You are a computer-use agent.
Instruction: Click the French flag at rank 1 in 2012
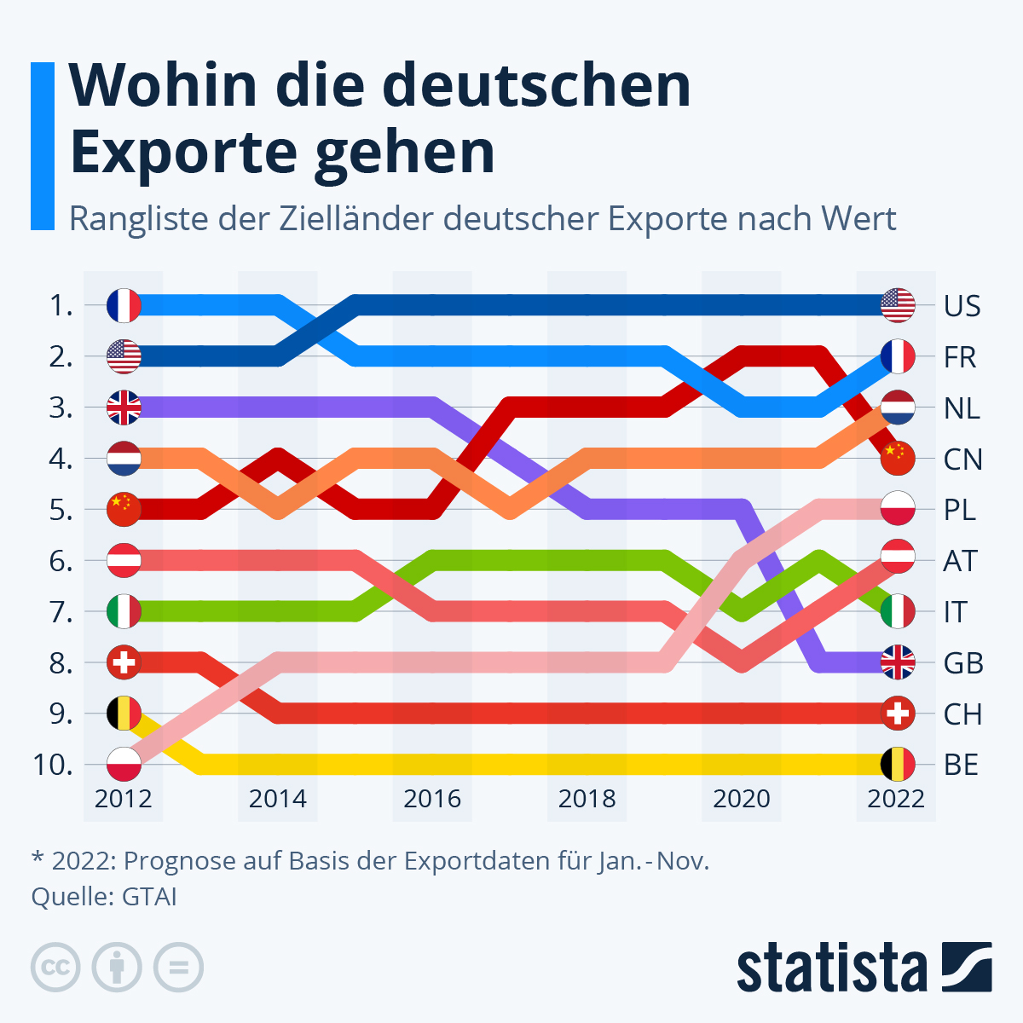click(x=124, y=305)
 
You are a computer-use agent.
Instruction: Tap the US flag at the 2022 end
click(x=898, y=305)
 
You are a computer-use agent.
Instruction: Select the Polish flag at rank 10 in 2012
click(x=124, y=764)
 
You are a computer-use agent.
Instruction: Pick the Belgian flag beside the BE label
click(x=898, y=764)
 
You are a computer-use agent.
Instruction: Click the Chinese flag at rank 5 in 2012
click(x=124, y=510)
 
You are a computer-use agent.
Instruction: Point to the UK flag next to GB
click(x=898, y=662)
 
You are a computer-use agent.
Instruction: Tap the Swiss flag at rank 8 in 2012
click(x=124, y=662)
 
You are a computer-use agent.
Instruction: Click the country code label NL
click(x=962, y=408)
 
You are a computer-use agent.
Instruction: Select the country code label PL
click(x=960, y=511)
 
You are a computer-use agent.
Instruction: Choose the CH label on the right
click(x=962, y=714)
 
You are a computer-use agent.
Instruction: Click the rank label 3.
click(x=61, y=408)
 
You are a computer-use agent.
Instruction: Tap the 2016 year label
click(x=432, y=799)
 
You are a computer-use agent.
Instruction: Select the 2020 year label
click(x=741, y=799)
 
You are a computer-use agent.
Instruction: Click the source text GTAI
click(x=149, y=897)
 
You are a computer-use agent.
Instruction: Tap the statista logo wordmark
click(x=831, y=968)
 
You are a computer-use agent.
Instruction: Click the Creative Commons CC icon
click(x=55, y=967)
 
